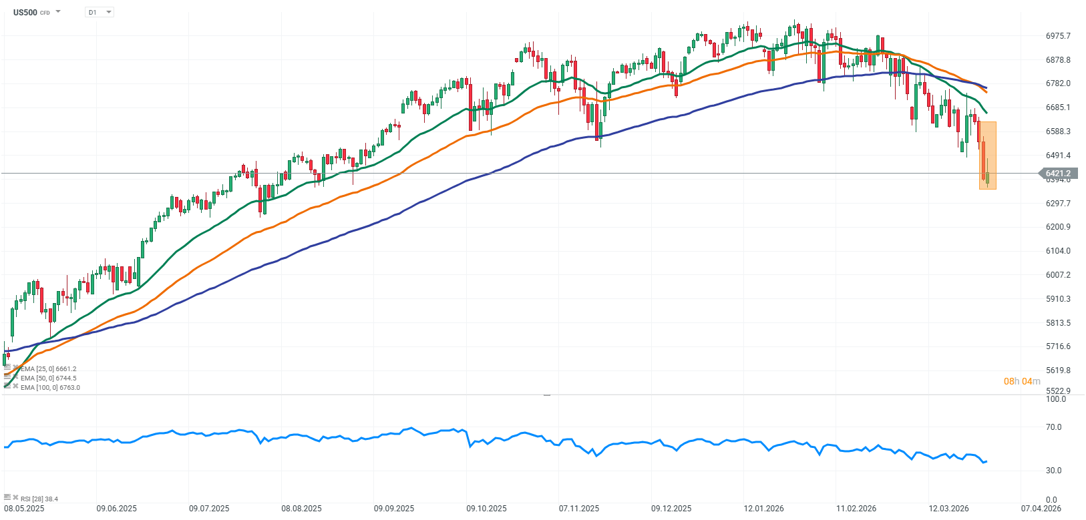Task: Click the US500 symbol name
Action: point(25,12)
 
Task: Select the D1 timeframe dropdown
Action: point(100,12)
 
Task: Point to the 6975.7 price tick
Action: point(1058,36)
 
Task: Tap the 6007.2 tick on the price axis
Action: point(1058,275)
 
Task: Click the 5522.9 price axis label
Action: point(1058,391)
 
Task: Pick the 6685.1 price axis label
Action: point(1058,107)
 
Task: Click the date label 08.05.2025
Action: point(24,509)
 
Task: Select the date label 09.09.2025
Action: point(394,509)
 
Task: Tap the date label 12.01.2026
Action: point(764,509)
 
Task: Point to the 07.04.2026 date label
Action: point(1041,509)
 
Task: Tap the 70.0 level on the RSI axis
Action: point(1053,427)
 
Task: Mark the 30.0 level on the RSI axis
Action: point(1053,471)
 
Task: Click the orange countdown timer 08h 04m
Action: point(1022,381)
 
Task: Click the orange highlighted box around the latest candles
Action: point(988,156)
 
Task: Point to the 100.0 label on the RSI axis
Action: point(1055,399)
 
